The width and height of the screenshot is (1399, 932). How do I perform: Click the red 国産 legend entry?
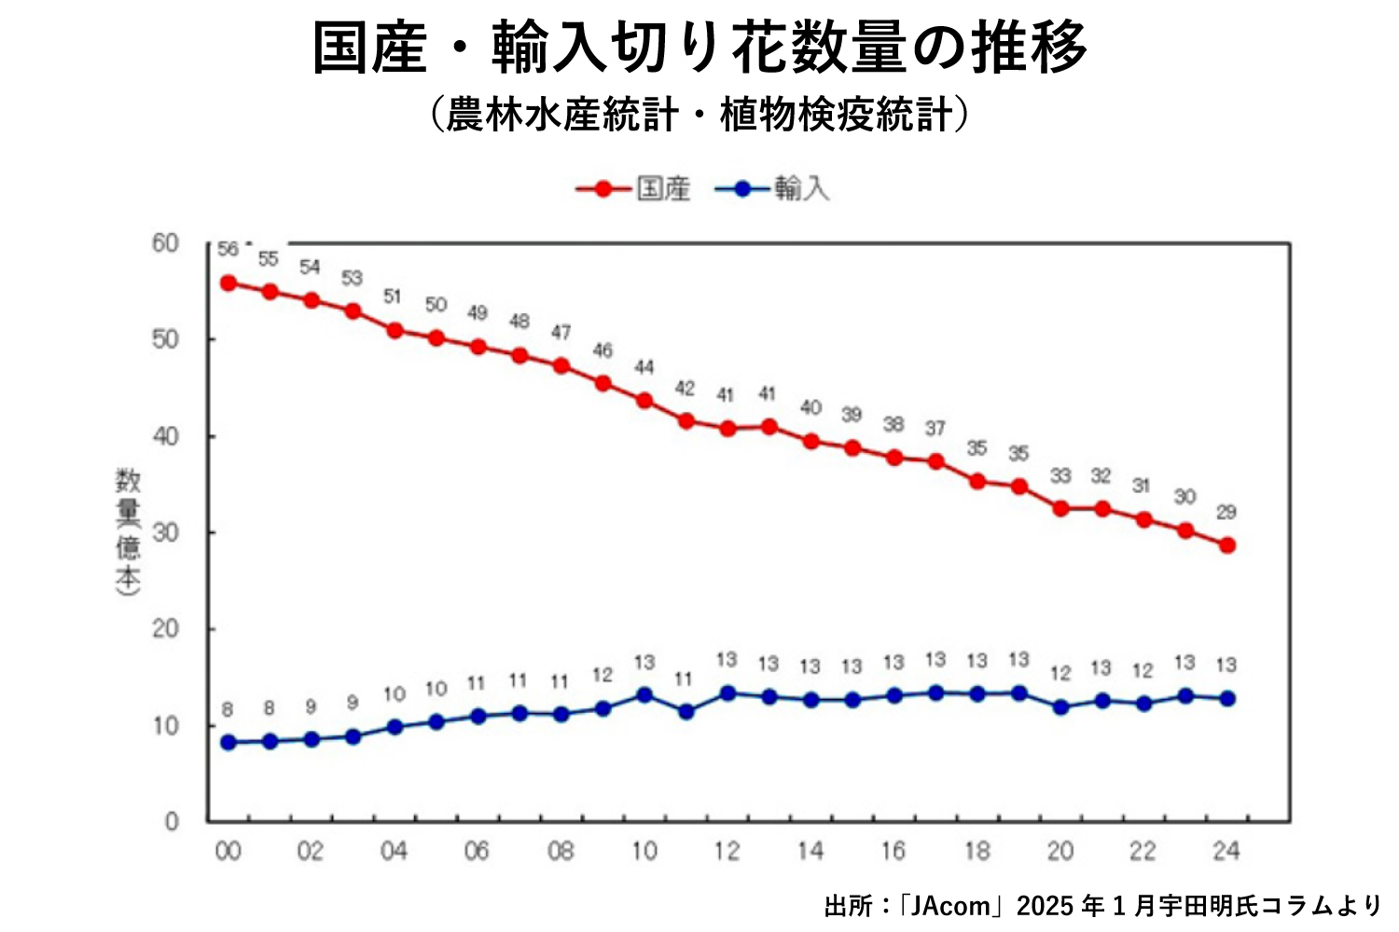[634, 189]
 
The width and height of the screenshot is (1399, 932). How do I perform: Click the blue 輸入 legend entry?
[772, 189]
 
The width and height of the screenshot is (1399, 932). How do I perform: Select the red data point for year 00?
[228, 283]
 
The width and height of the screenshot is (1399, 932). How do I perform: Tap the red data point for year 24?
[1226, 545]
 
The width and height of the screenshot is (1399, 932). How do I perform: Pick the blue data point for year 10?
[644, 695]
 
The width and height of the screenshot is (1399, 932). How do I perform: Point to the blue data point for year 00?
[228, 743]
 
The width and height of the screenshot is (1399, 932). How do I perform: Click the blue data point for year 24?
[1226, 699]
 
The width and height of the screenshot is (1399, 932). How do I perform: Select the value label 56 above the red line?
[228, 250]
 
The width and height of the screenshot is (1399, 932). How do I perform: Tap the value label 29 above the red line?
[1226, 512]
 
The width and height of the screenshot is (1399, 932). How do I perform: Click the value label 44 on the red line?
[644, 367]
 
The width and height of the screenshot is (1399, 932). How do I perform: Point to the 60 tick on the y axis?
[165, 244]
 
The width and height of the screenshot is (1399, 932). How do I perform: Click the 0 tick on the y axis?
[172, 821]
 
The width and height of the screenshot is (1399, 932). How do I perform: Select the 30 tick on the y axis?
[165, 532]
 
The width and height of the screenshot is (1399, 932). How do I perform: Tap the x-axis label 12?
[727, 851]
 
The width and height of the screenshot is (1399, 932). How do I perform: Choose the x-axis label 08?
[561, 851]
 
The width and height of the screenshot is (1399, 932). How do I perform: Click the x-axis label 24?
[1226, 851]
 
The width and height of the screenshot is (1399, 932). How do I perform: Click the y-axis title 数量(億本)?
[128, 531]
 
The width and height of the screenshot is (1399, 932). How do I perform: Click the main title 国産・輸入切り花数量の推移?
[699, 47]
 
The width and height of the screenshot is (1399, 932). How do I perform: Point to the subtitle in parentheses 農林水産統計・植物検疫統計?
[699, 116]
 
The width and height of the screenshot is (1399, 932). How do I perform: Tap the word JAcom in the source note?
[950, 906]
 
